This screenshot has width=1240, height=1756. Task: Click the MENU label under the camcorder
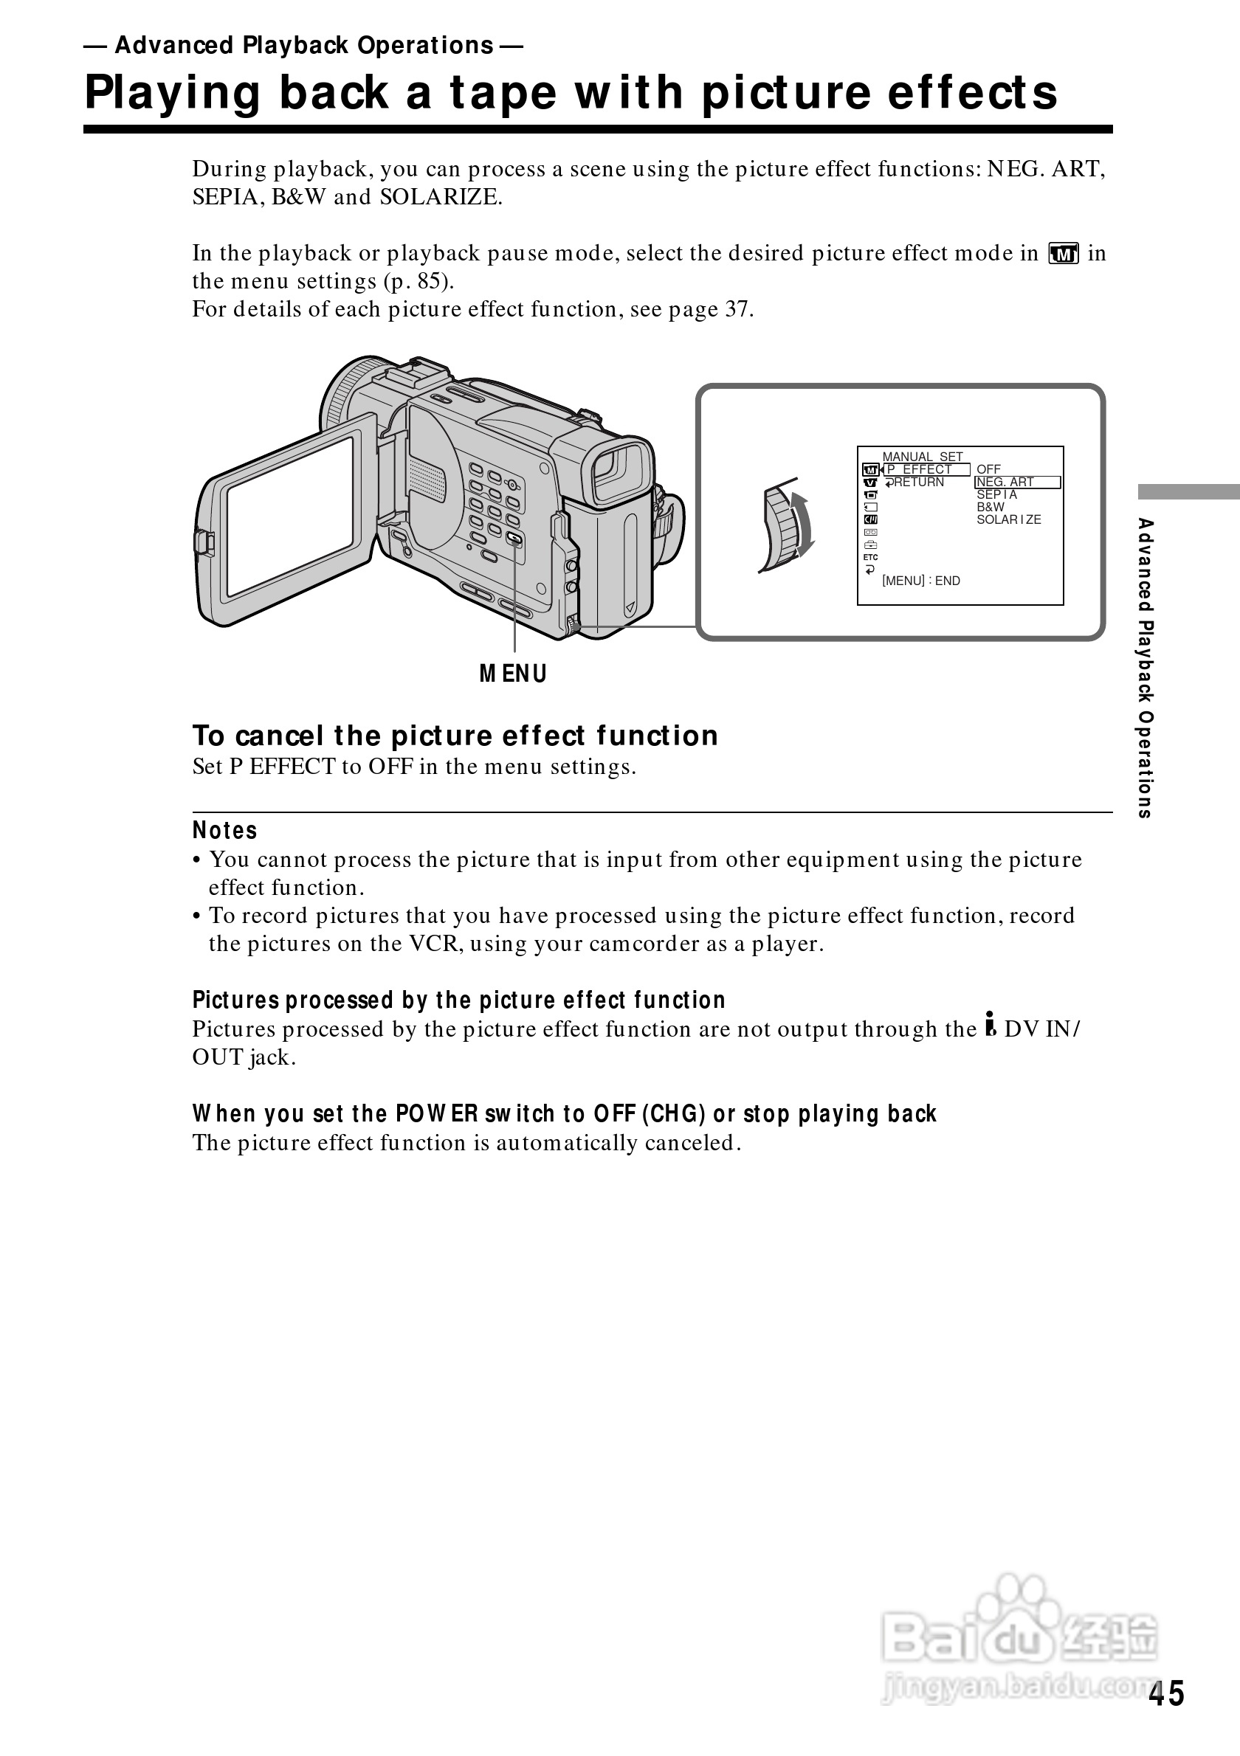[x=513, y=674]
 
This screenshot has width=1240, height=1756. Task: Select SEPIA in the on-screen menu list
[x=996, y=495]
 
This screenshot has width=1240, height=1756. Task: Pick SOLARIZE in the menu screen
[x=1008, y=520]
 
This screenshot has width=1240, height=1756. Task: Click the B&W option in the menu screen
[x=991, y=507]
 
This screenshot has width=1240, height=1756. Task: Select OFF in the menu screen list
[x=988, y=469]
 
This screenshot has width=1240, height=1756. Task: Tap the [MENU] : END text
[x=921, y=581]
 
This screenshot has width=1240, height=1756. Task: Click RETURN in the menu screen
[x=918, y=483]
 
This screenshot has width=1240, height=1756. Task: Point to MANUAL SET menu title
[x=923, y=457]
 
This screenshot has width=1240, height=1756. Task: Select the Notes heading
[x=225, y=831]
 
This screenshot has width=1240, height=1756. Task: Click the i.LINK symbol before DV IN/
[x=991, y=1025]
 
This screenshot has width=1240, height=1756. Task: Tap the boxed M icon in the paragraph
[x=1064, y=253]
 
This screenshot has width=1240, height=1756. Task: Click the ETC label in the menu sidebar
[x=870, y=558]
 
